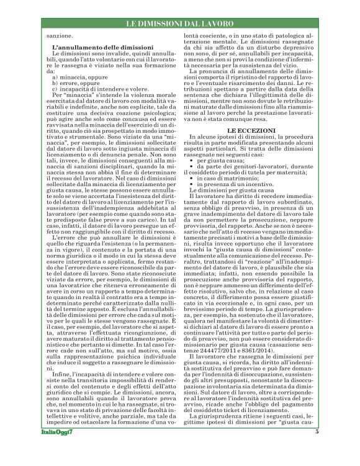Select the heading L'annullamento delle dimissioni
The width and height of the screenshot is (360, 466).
click(x=102, y=47)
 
